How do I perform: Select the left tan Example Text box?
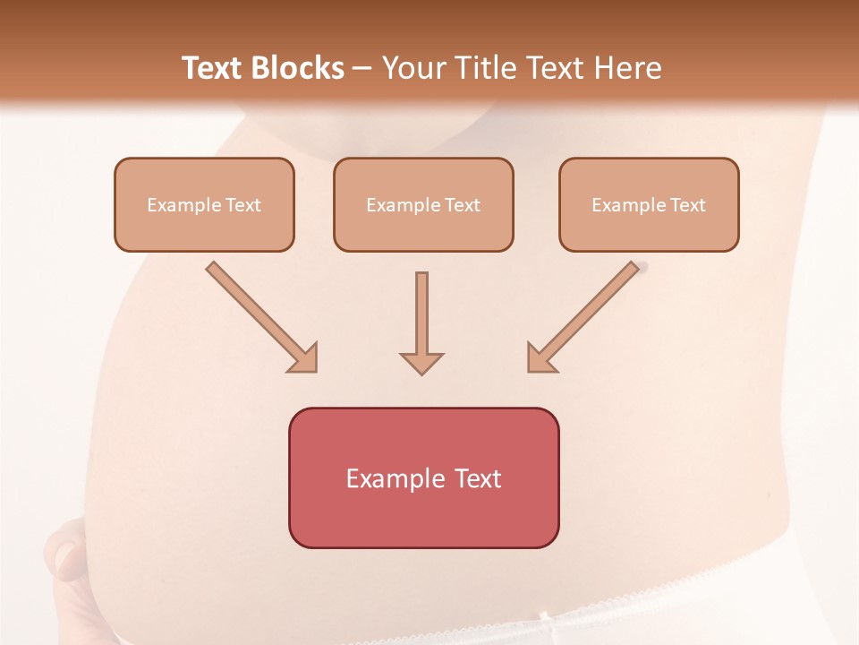pyautogui.click(x=204, y=204)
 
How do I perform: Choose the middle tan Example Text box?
pyautogui.click(x=423, y=204)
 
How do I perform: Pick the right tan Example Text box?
pyautogui.click(x=649, y=204)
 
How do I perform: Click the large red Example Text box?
pyautogui.click(x=423, y=477)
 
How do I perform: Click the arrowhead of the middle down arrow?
pyautogui.click(x=421, y=363)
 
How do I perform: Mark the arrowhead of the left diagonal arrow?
pyautogui.click(x=303, y=357)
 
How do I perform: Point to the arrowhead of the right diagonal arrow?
pyautogui.click(x=540, y=357)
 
